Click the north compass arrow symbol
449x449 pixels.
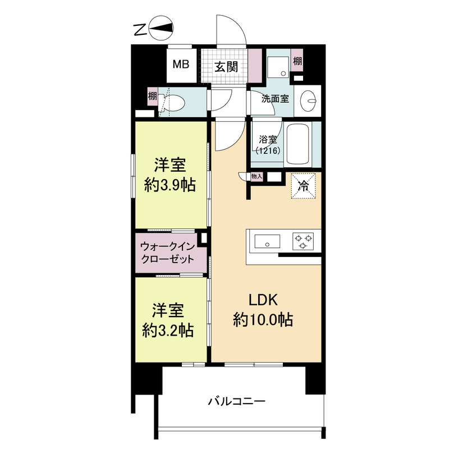163,30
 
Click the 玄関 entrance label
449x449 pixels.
226,66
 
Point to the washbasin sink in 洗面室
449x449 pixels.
308,102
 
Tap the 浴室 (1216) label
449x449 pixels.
267,144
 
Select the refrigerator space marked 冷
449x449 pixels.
303,186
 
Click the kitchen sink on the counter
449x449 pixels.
267,242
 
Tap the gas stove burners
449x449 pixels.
304,242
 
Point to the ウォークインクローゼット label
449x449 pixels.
168,253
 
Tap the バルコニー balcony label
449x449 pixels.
236,402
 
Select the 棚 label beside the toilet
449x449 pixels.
152,96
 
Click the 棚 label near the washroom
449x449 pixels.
297,61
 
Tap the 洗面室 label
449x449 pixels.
275,99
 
